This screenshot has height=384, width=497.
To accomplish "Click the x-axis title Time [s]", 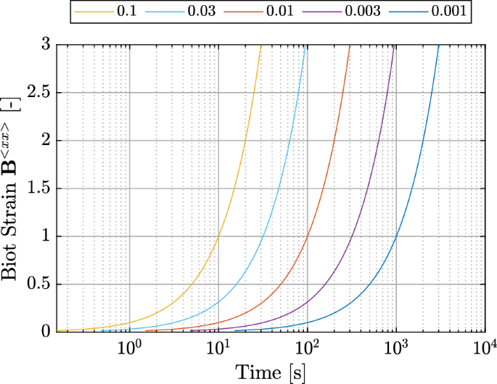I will [271, 372].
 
